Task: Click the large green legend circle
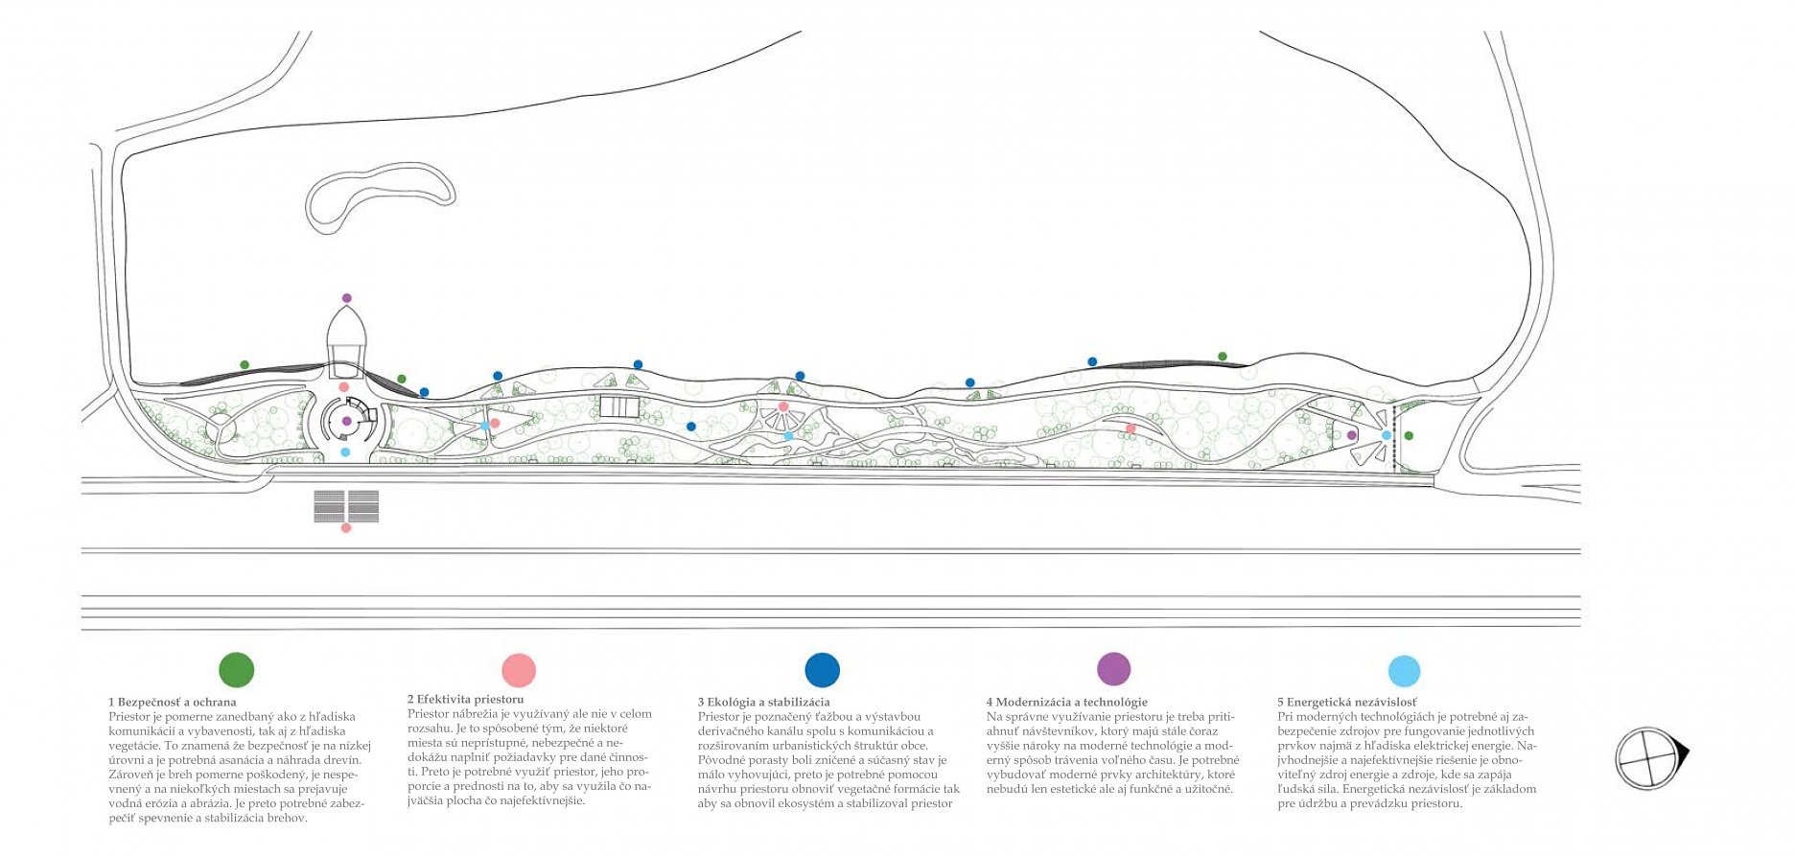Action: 237,669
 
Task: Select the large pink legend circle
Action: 519,669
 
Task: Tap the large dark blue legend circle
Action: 822,669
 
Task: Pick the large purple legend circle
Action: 1113,668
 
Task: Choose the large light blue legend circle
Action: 1404,671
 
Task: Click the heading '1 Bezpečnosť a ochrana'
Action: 173,702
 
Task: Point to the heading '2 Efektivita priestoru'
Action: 466,699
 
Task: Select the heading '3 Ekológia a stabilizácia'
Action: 763,702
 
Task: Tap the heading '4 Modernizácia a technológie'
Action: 1066,702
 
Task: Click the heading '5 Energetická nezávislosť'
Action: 1346,702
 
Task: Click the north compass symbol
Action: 1649,758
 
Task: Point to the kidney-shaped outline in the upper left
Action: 379,197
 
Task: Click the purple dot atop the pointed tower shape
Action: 347,298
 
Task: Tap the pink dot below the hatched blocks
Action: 346,528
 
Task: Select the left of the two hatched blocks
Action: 329,506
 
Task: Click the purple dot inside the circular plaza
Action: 347,421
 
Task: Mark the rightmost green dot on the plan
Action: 1409,436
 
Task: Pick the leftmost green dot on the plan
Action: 245,365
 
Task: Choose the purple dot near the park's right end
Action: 1352,435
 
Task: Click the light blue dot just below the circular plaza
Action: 345,452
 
